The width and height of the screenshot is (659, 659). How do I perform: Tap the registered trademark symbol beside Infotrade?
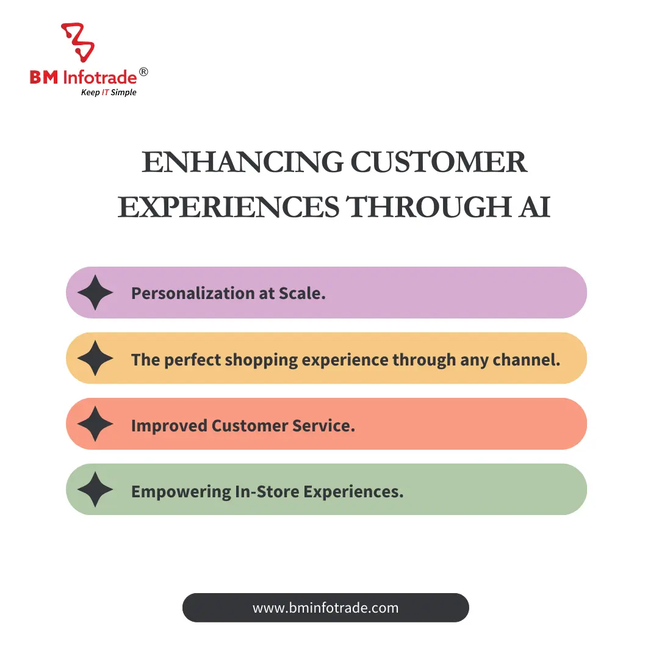[143, 73]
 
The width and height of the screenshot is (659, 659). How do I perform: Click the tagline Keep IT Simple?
[109, 93]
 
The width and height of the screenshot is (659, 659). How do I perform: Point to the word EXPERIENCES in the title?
[228, 207]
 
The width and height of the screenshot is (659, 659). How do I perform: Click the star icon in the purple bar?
[96, 293]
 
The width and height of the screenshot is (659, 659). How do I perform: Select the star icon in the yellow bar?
[96, 359]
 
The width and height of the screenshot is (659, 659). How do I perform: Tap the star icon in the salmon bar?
[96, 424]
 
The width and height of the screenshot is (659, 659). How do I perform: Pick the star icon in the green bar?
[96, 489]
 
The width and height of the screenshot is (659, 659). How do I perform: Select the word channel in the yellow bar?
[528, 359]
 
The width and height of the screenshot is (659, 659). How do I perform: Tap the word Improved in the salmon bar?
[169, 425]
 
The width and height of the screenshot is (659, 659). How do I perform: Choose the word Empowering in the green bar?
[181, 491]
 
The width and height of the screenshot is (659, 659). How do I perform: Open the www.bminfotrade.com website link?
[325, 608]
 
